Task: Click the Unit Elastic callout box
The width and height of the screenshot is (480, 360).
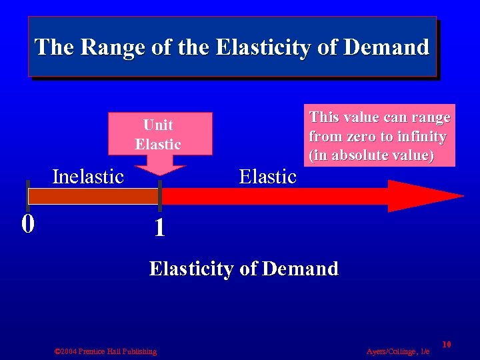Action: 158,133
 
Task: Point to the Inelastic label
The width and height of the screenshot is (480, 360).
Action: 88,177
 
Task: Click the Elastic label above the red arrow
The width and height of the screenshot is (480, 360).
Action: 267,177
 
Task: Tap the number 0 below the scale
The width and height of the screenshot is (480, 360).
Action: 27,223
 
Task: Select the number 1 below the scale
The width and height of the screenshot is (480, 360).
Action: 159,229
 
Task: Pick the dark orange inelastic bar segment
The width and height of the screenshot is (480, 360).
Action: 93,197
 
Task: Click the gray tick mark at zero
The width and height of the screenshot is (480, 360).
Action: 27,195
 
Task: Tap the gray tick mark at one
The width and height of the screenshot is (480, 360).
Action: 160,195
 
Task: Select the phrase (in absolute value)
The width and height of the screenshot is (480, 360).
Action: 371,156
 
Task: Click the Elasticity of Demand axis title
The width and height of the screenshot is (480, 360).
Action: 244,269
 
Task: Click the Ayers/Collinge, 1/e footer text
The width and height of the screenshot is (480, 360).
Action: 398,351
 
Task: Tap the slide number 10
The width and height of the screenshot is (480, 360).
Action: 447,344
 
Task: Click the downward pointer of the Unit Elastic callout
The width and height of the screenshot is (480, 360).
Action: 159,168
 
